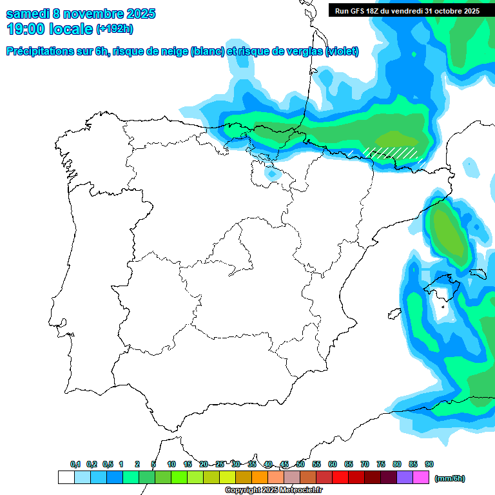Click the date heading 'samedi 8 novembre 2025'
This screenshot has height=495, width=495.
[81, 14]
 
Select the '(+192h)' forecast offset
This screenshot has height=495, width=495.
[115, 29]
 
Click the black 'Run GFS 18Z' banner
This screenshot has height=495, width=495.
[407, 10]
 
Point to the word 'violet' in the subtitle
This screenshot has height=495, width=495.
[342, 52]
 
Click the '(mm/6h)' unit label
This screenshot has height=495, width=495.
[450, 478]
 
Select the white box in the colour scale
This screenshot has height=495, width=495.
[66, 478]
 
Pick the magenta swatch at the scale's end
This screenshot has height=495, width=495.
[421, 478]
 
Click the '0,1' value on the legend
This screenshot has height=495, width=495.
[75, 464]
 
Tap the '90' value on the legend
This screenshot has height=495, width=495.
[429, 464]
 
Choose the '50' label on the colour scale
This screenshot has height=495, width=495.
[300, 464]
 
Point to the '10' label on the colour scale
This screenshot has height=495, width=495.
[171, 464]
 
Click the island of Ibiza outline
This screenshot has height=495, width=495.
[394, 315]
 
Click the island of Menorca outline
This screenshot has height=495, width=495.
[477, 273]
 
